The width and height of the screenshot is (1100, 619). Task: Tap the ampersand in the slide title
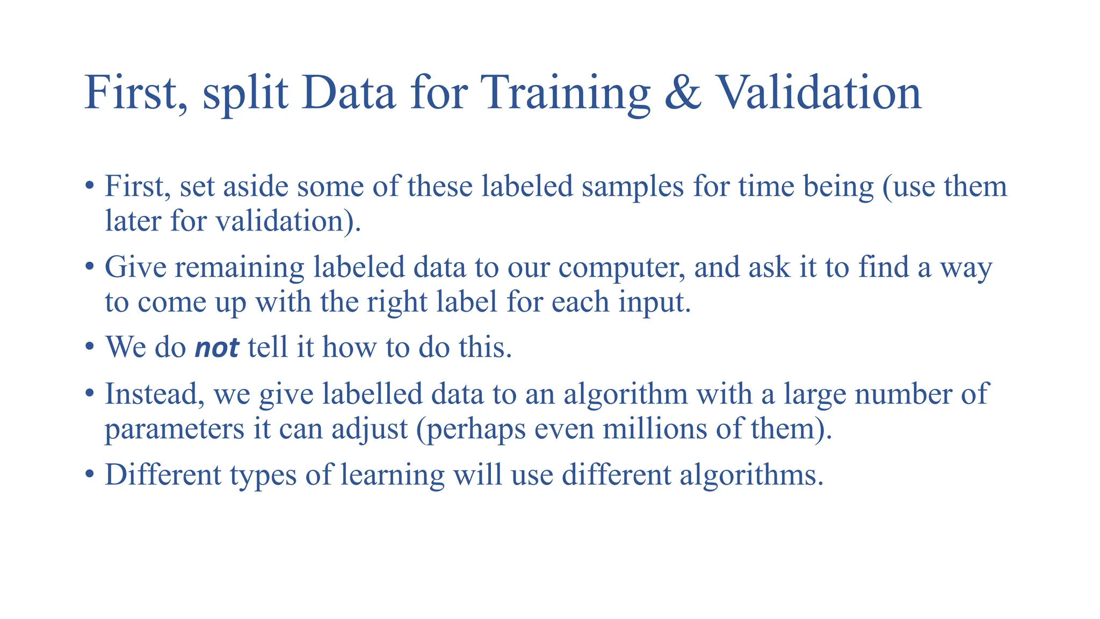[x=683, y=92]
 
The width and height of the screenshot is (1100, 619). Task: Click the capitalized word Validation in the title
[x=819, y=92]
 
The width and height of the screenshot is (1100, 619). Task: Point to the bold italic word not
[x=216, y=347]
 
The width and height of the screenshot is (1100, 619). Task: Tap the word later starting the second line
[x=133, y=221]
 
